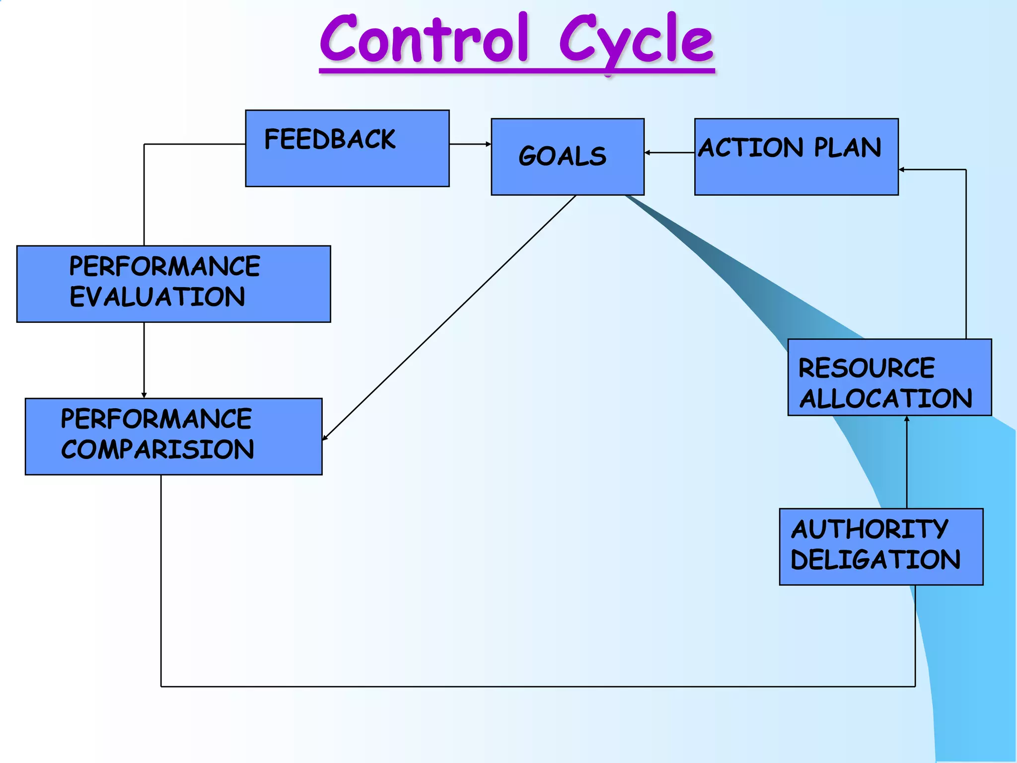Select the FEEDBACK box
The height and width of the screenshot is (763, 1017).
(347, 149)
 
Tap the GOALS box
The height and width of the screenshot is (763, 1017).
(567, 156)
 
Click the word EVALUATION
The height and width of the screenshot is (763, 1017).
(157, 297)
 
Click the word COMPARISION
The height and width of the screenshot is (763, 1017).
(157, 450)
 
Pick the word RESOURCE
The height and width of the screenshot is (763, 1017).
(866, 368)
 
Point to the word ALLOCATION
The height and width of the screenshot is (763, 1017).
(885, 398)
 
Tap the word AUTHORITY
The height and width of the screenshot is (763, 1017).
(869, 529)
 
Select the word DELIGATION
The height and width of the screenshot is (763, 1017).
(875, 560)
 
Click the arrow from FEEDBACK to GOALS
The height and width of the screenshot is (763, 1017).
(470, 144)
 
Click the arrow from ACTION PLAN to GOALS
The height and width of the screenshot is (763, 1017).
(669, 153)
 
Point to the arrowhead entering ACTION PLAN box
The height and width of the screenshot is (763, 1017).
(902, 170)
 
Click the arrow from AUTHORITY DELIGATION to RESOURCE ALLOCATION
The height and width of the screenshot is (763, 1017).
(907, 462)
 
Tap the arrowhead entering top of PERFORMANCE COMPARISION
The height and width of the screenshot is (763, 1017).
(144, 395)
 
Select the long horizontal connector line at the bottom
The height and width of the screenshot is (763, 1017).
(536, 687)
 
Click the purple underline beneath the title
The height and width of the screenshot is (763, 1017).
(516, 72)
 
